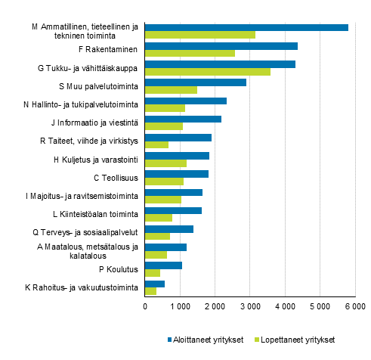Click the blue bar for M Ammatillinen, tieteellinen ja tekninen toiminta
[246, 27]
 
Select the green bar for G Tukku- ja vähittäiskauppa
[207, 72]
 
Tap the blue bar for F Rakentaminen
[221, 45]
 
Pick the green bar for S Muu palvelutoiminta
[171, 90]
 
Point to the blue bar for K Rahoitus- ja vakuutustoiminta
[154, 284]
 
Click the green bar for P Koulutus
[152, 273]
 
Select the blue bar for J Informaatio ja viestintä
[183, 119]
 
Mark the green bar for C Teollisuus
[164, 182]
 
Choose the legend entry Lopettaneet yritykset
[301, 340]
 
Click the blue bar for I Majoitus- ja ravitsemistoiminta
[173, 192]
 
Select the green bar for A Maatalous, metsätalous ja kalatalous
[156, 255]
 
